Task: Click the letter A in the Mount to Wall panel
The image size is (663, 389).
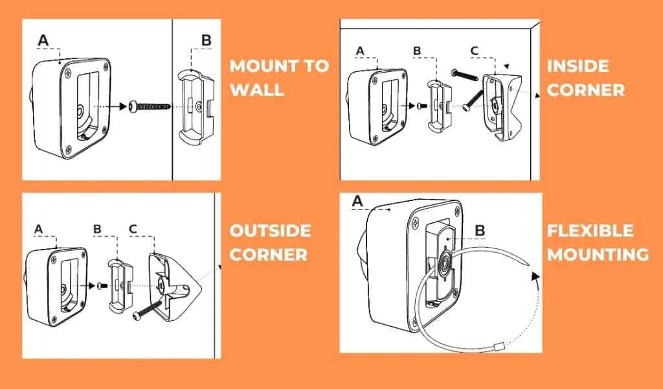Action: point(43,41)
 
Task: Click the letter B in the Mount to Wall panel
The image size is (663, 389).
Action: point(207,41)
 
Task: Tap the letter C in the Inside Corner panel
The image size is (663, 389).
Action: point(475,51)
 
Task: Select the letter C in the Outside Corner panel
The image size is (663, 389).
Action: point(133,230)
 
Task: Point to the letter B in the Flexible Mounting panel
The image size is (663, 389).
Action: point(480,231)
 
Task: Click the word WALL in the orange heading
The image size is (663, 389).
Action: point(257,89)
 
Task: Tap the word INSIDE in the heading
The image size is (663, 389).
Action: point(578,66)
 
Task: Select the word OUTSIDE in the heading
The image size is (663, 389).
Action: point(270,231)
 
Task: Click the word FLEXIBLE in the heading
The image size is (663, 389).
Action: point(590,231)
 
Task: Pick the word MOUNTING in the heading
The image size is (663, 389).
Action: point(598,254)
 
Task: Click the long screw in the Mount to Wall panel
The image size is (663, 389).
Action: point(150,106)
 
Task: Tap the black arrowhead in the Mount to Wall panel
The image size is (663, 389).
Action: point(123,106)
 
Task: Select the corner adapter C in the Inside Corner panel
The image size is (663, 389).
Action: point(502,107)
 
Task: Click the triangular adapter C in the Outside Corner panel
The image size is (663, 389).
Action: point(174,287)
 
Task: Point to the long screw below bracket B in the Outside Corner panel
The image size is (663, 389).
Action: point(147,309)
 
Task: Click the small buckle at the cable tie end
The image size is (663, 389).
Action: point(499,347)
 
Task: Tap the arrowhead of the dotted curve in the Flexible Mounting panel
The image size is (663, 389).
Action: point(535,276)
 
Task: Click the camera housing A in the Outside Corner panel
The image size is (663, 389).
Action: point(57,287)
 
